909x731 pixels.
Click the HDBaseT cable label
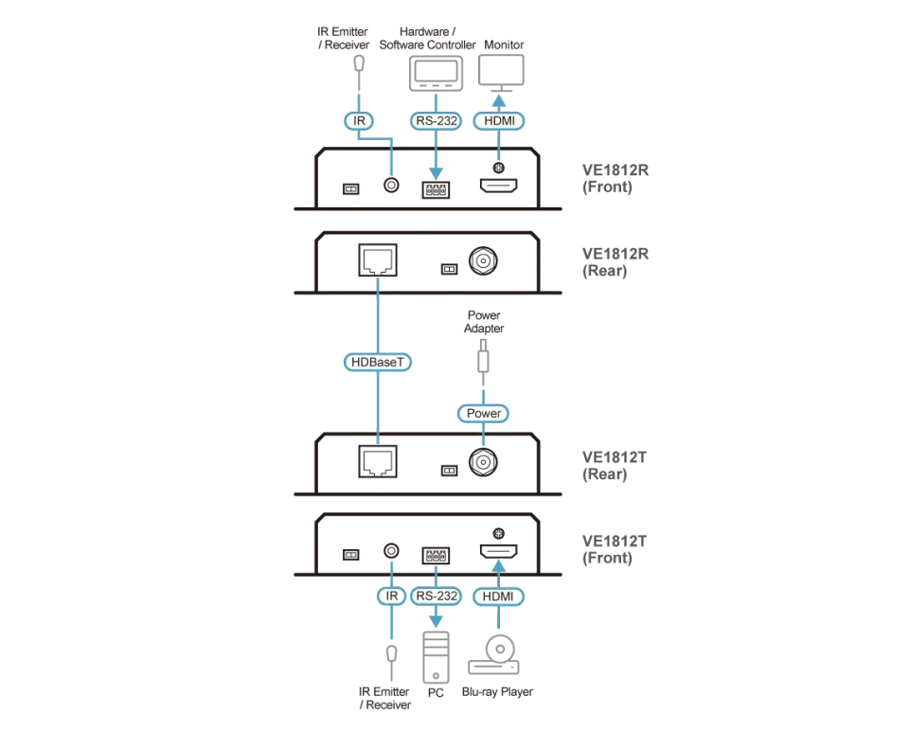pyautogui.click(x=378, y=363)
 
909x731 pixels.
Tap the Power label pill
pyautogui.click(x=483, y=414)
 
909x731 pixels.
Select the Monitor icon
pyautogui.click(x=501, y=73)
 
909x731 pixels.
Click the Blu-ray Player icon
pyautogui.click(x=494, y=655)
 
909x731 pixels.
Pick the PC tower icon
pyautogui.click(x=436, y=657)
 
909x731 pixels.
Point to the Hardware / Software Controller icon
pyautogui.click(x=436, y=74)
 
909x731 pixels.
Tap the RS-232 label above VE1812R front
pyautogui.click(x=436, y=120)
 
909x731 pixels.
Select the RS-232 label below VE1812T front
pyautogui.click(x=436, y=596)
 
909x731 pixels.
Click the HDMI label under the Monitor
pyautogui.click(x=499, y=120)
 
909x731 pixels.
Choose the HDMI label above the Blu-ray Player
pyautogui.click(x=499, y=597)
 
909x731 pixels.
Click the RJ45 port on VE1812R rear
pyautogui.click(x=378, y=260)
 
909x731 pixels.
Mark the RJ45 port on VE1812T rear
pyautogui.click(x=378, y=461)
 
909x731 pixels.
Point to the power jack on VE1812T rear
pyautogui.click(x=483, y=462)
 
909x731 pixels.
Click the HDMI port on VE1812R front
pyautogui.click(x=498, y=186)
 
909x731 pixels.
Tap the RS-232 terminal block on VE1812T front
pyautogui.click(x=436, y=555)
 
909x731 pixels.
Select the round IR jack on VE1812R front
pyautogui.click(x=391, y=185)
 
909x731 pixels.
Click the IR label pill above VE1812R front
pyautogui.click(x=359, y=120)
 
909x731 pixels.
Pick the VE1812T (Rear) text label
pyautogui.click(x=614, y=466)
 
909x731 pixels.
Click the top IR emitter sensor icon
pyautogui.click(x=359, y=63)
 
